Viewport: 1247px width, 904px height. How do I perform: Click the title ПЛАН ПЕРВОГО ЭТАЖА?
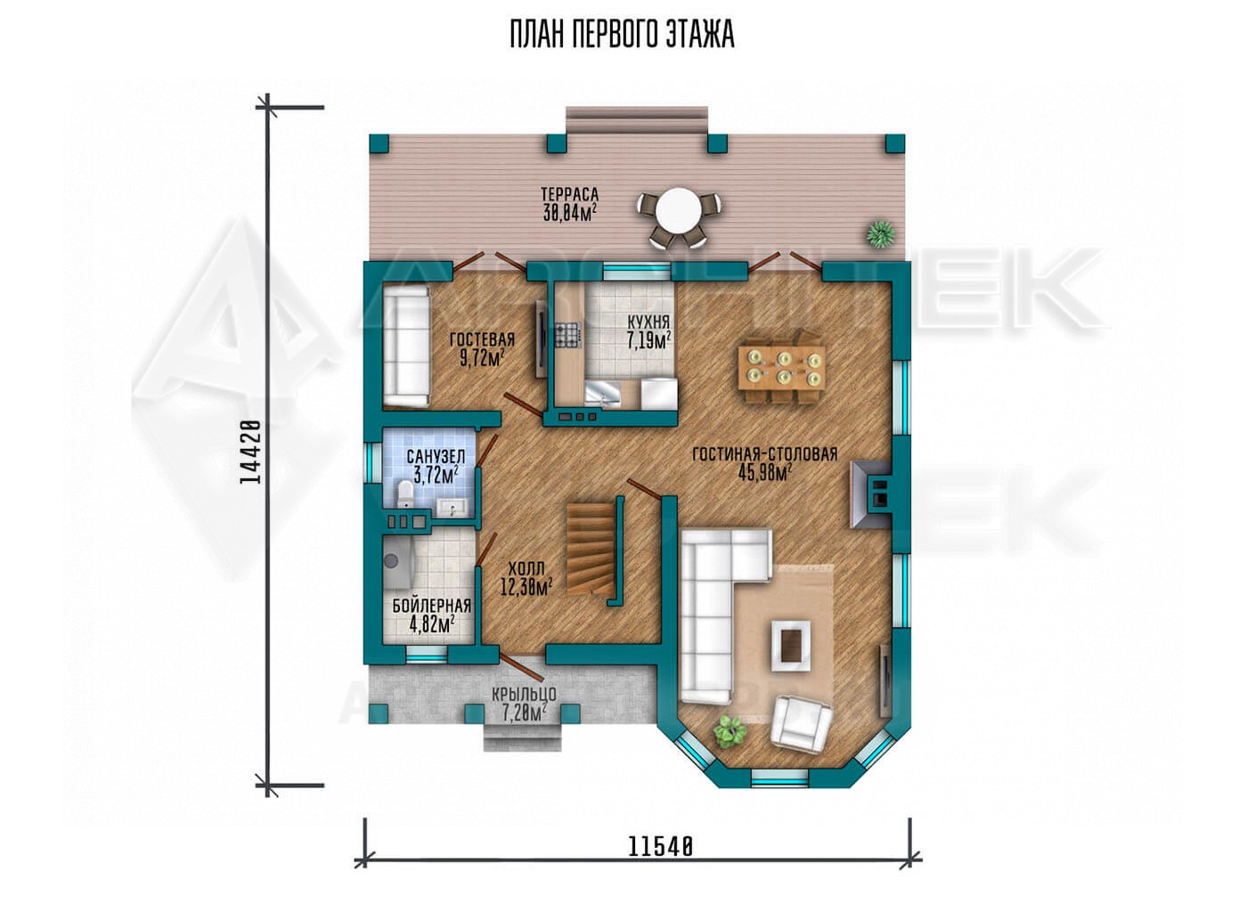[x=622, y=35]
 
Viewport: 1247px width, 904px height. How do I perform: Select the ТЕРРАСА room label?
[x=569, y=194]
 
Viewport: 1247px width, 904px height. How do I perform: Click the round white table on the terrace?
[x=679, y=212]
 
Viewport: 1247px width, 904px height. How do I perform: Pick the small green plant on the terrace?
[x=881, y=232]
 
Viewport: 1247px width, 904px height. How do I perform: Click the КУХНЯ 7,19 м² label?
[x=648, y=331]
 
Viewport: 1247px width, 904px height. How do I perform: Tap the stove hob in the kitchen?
[x=568, y=337]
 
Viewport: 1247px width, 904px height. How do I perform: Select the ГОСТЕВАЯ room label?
[x=482, y=339]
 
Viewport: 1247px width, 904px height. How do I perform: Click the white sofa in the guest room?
[x=407, y=346]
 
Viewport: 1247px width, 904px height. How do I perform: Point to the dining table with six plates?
[x=782, y=367]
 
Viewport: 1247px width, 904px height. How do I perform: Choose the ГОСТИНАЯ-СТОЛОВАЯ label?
[x=765, y=453]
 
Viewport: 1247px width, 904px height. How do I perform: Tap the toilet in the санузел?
[x=404, y=493]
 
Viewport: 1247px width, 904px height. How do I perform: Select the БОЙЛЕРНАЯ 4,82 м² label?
[x=432, y=614]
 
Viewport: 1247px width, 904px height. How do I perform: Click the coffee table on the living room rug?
[x=792, y=646]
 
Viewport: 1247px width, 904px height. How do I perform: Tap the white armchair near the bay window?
[x=802, y=721]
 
